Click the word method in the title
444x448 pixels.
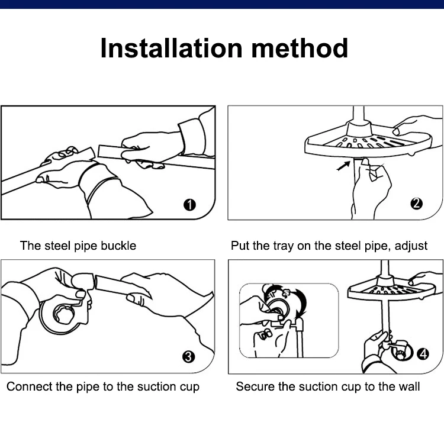(300, 48)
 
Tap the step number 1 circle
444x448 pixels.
(189, 205)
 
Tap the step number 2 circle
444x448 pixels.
(416, 204)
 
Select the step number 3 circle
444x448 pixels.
(189, 357)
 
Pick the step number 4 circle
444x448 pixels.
(423, 354)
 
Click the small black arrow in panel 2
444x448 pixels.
(343, 166)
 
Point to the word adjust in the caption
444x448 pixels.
(411, 246)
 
